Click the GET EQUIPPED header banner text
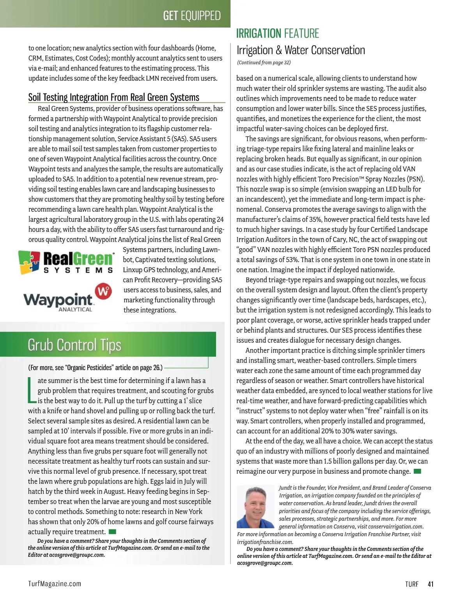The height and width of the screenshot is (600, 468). pyautogui.click(x=191, y=15)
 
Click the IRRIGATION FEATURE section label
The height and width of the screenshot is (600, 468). pyautogui.click(x=277, y=34)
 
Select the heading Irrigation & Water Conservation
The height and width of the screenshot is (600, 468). pyautogui.click(x=300, y=50)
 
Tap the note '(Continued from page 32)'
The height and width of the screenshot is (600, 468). pyautogui.click(x=264, y=62)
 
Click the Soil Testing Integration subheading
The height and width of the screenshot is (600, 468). pyautogui.click(x=113, y=97)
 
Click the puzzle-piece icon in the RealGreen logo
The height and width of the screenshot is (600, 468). pyautogui.click(x=29, y=262)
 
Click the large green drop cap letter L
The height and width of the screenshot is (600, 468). pyautogui.click(x=32, y=390)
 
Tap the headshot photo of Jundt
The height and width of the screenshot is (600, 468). pyautogui.click(x=255, y=506)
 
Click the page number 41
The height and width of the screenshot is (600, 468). pyautogui.click(x=431, y=584)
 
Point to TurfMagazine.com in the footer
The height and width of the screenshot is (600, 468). pyautogui.click(x=55, y=584)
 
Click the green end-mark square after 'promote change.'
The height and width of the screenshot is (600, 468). pyautogui.click(x=417, y=471)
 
